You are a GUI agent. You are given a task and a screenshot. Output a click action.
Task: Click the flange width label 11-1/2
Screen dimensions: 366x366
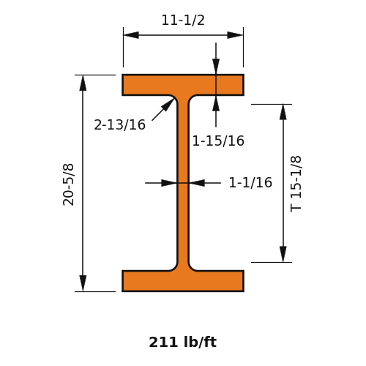click(x=183, y=20)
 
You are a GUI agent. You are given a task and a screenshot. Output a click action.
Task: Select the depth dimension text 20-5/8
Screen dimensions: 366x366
click(x=68, y=184)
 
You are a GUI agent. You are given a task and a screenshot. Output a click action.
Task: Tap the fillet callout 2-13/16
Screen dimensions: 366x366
click(x=119, y=124)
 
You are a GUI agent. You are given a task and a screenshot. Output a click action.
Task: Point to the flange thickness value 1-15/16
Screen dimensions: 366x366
click(x=218, y=141)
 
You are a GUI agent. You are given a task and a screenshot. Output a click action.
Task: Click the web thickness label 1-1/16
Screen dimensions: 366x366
click(x=250, y=182)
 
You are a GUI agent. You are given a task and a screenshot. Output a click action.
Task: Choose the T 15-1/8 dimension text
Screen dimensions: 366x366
click(x=296, y=184)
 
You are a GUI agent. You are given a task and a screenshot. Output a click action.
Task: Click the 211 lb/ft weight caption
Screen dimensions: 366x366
click(x=183, y=342)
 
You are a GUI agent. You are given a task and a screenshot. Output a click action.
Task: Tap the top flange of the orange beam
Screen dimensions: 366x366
click(x=183, y=85)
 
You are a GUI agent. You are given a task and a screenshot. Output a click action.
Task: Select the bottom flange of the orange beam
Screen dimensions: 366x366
click(x=183, y=281)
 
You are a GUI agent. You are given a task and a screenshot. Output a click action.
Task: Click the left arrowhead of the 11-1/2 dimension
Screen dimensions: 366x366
click(x=131, y=35)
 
